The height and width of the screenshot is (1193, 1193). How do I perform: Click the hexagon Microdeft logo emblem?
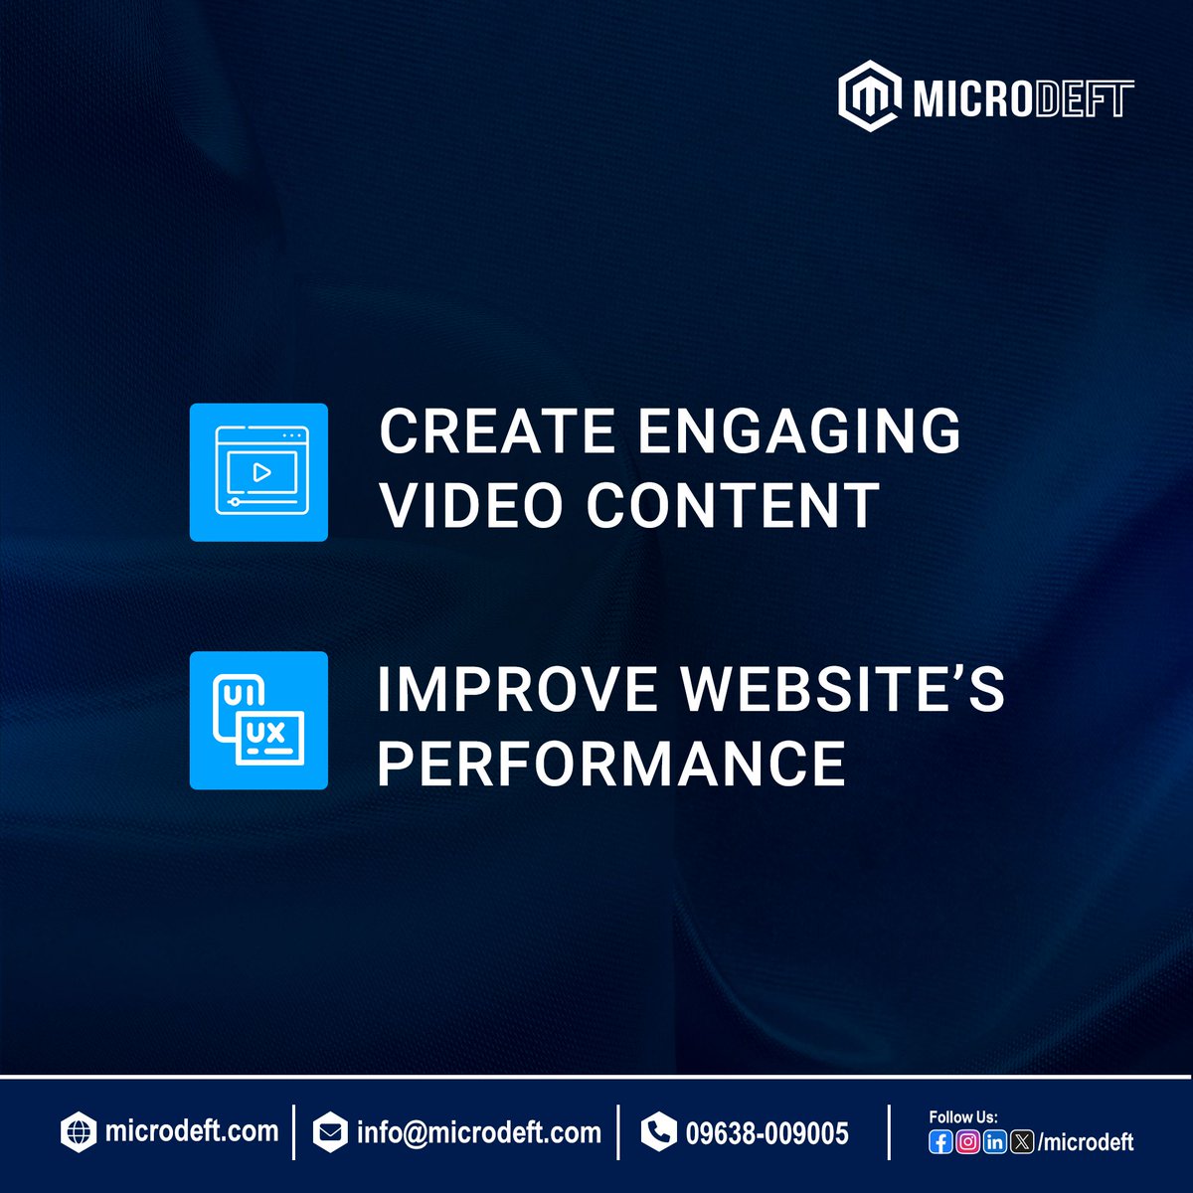pyautogui.click(x=870, y=97)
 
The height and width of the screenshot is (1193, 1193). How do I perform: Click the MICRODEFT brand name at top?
pyautogui.click(x=1023, y=99)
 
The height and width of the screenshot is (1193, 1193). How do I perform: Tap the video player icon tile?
pyautogui.click(x=258, y=472)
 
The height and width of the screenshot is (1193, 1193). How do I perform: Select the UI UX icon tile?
pyautogui.click(x=258, y=721)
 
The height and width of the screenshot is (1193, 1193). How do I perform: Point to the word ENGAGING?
pyautogui.click(x=799, y=431)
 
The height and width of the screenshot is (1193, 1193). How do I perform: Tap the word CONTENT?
pyautogui.click(x=733, y=504)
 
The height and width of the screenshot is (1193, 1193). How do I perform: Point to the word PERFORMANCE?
pyautogui.click(x=611, y=764)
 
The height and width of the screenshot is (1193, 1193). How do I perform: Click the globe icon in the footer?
pyautogui.click(x=79, y=1132)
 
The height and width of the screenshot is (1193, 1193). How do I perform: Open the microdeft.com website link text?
pyautogui.click(x=191, y=1131)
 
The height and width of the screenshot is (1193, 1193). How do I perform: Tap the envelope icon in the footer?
pyautogui.click(x=330, y=1132)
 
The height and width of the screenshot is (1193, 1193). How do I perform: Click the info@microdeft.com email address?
pyautogui.click(x=478, y=1132)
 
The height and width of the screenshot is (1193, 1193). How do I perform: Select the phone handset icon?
pyautogui.click(x=657, y=1132)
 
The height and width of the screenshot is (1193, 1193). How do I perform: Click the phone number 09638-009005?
pyautogui.click(x=767, y=1133)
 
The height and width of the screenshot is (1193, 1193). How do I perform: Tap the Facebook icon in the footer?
pyautogui.click(x=940, y=1142)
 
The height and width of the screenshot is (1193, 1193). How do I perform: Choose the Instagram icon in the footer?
pyautogui.click(x=967, y=1142)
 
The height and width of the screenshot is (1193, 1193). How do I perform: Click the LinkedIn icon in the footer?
pyautogui.click(x=994, y=1142)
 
